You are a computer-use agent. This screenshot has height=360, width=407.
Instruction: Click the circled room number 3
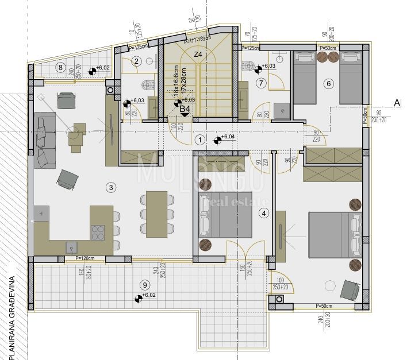112,187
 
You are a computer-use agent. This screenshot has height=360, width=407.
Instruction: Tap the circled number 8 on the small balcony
60,67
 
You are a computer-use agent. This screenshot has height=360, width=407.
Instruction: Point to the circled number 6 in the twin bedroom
328,84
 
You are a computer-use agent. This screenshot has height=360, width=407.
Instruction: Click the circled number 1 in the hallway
199,139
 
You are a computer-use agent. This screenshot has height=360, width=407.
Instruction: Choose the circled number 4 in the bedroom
264,214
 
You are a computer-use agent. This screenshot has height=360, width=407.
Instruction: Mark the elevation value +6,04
228,137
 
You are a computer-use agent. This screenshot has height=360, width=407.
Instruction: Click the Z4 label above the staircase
198,55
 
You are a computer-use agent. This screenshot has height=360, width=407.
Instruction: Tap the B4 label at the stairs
185,108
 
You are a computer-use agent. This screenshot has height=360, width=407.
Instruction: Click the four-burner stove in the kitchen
97,233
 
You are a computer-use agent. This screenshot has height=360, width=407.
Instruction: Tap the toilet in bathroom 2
148,86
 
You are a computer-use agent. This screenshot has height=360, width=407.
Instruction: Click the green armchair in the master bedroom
348,289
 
